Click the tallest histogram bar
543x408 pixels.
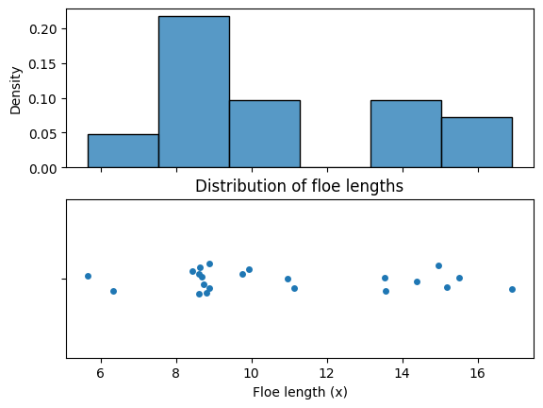point(194,92)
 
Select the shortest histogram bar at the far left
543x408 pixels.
point(123,151)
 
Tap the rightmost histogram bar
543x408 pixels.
point(477,143)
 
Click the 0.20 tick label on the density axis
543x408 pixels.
point(43,29)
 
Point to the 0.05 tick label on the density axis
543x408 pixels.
point(43,134)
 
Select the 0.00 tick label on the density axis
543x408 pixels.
point(43,169)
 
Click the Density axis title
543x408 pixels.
point(16,91)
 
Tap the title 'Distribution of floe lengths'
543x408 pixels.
point(299,186)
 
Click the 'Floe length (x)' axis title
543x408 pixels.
point(300,392)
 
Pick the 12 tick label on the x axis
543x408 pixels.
point(327,373)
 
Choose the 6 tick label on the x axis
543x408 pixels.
point(101,373)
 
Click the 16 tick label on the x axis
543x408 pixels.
point(478,373)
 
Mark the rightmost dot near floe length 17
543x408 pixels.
point(512,289)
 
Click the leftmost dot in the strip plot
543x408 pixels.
point(88,276)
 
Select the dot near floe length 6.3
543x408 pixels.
point(113,291)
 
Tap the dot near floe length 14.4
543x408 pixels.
point(417,281)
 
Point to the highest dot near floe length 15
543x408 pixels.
point(438,265)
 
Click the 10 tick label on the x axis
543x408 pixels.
point(252,373)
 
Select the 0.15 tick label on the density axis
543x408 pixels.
point(43,64)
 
